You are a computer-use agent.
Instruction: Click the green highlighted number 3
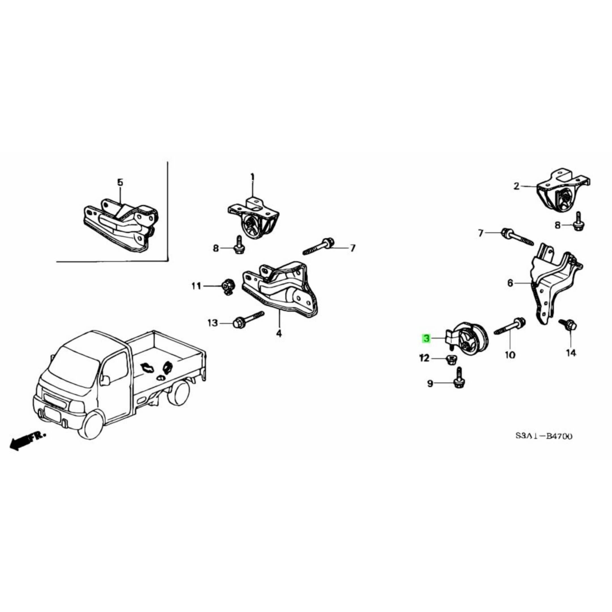point(427,339)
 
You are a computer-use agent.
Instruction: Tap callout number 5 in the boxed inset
point(120,182)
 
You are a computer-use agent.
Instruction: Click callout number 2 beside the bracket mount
point(517,186)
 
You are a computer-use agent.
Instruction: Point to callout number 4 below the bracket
point(279,333)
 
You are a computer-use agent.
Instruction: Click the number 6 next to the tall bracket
point(510,283)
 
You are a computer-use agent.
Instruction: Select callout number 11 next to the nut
point(196,286)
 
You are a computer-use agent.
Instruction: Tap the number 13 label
point(213,323)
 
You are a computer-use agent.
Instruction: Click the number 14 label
point(571,353)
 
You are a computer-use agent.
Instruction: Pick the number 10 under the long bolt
point(510,355)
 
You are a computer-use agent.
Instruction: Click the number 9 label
point(430,384)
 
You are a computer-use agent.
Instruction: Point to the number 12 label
point(424,358)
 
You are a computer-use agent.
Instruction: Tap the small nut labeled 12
point(450,360)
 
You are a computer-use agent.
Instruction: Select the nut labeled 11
point(227,287)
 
